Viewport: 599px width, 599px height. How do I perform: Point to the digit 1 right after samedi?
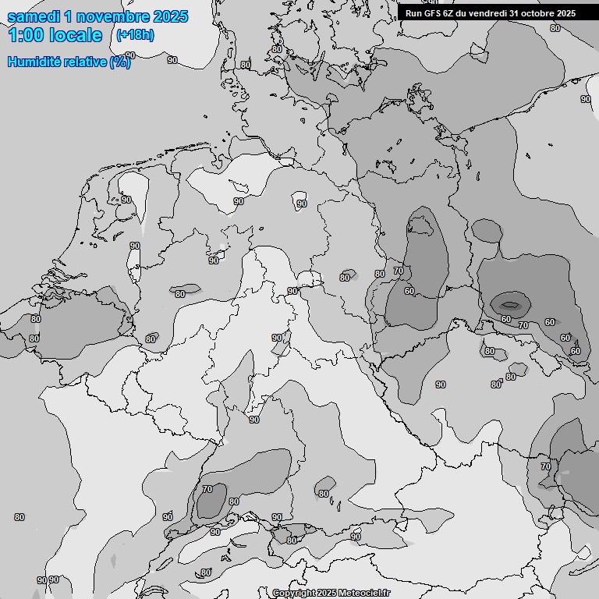pyautogui.click(x=70, y=16)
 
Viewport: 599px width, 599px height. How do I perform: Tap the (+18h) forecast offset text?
pyautogui.click(x=134, y=35)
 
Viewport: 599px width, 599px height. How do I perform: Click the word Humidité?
pyautogui.click(x=33, y=62)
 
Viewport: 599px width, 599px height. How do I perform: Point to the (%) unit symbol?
pyautogui.click(x=120, y=62)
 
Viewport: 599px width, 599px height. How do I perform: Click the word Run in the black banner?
pyautogui.click(x=413, y=13)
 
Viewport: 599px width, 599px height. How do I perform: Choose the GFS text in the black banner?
pyautogui.click(x=433, y=13)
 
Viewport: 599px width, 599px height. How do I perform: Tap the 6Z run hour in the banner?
pyautogui.click(x=450, y=13)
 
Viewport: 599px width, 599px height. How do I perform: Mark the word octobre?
pyautogui.click(x=538, y=13)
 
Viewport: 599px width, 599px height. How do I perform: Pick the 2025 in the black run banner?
pyautogui.click(x=565, y=13)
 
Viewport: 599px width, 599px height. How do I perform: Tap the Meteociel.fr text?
pyautogui.click(x=365, y=594)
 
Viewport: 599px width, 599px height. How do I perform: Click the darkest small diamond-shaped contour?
pyautogui.click(x=509, y=304)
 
